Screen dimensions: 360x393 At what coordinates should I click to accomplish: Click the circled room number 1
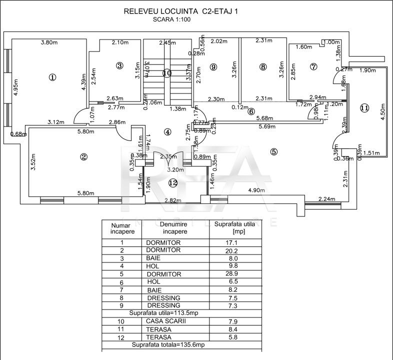coord(52,76)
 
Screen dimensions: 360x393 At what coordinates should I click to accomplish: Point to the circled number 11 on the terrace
coord(364,108)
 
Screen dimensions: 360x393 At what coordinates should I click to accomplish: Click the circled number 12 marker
coord(172,183)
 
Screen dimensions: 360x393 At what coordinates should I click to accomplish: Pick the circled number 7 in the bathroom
coord(313,66)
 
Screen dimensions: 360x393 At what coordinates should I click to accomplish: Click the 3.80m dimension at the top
coord(48,43)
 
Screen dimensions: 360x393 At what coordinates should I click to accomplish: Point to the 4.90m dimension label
coord(256,190)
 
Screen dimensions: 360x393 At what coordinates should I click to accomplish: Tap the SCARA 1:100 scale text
coord(172,19)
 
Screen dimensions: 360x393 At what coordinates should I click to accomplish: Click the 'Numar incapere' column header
coord(120,228)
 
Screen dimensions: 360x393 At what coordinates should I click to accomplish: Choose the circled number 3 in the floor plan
coord(119,65)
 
